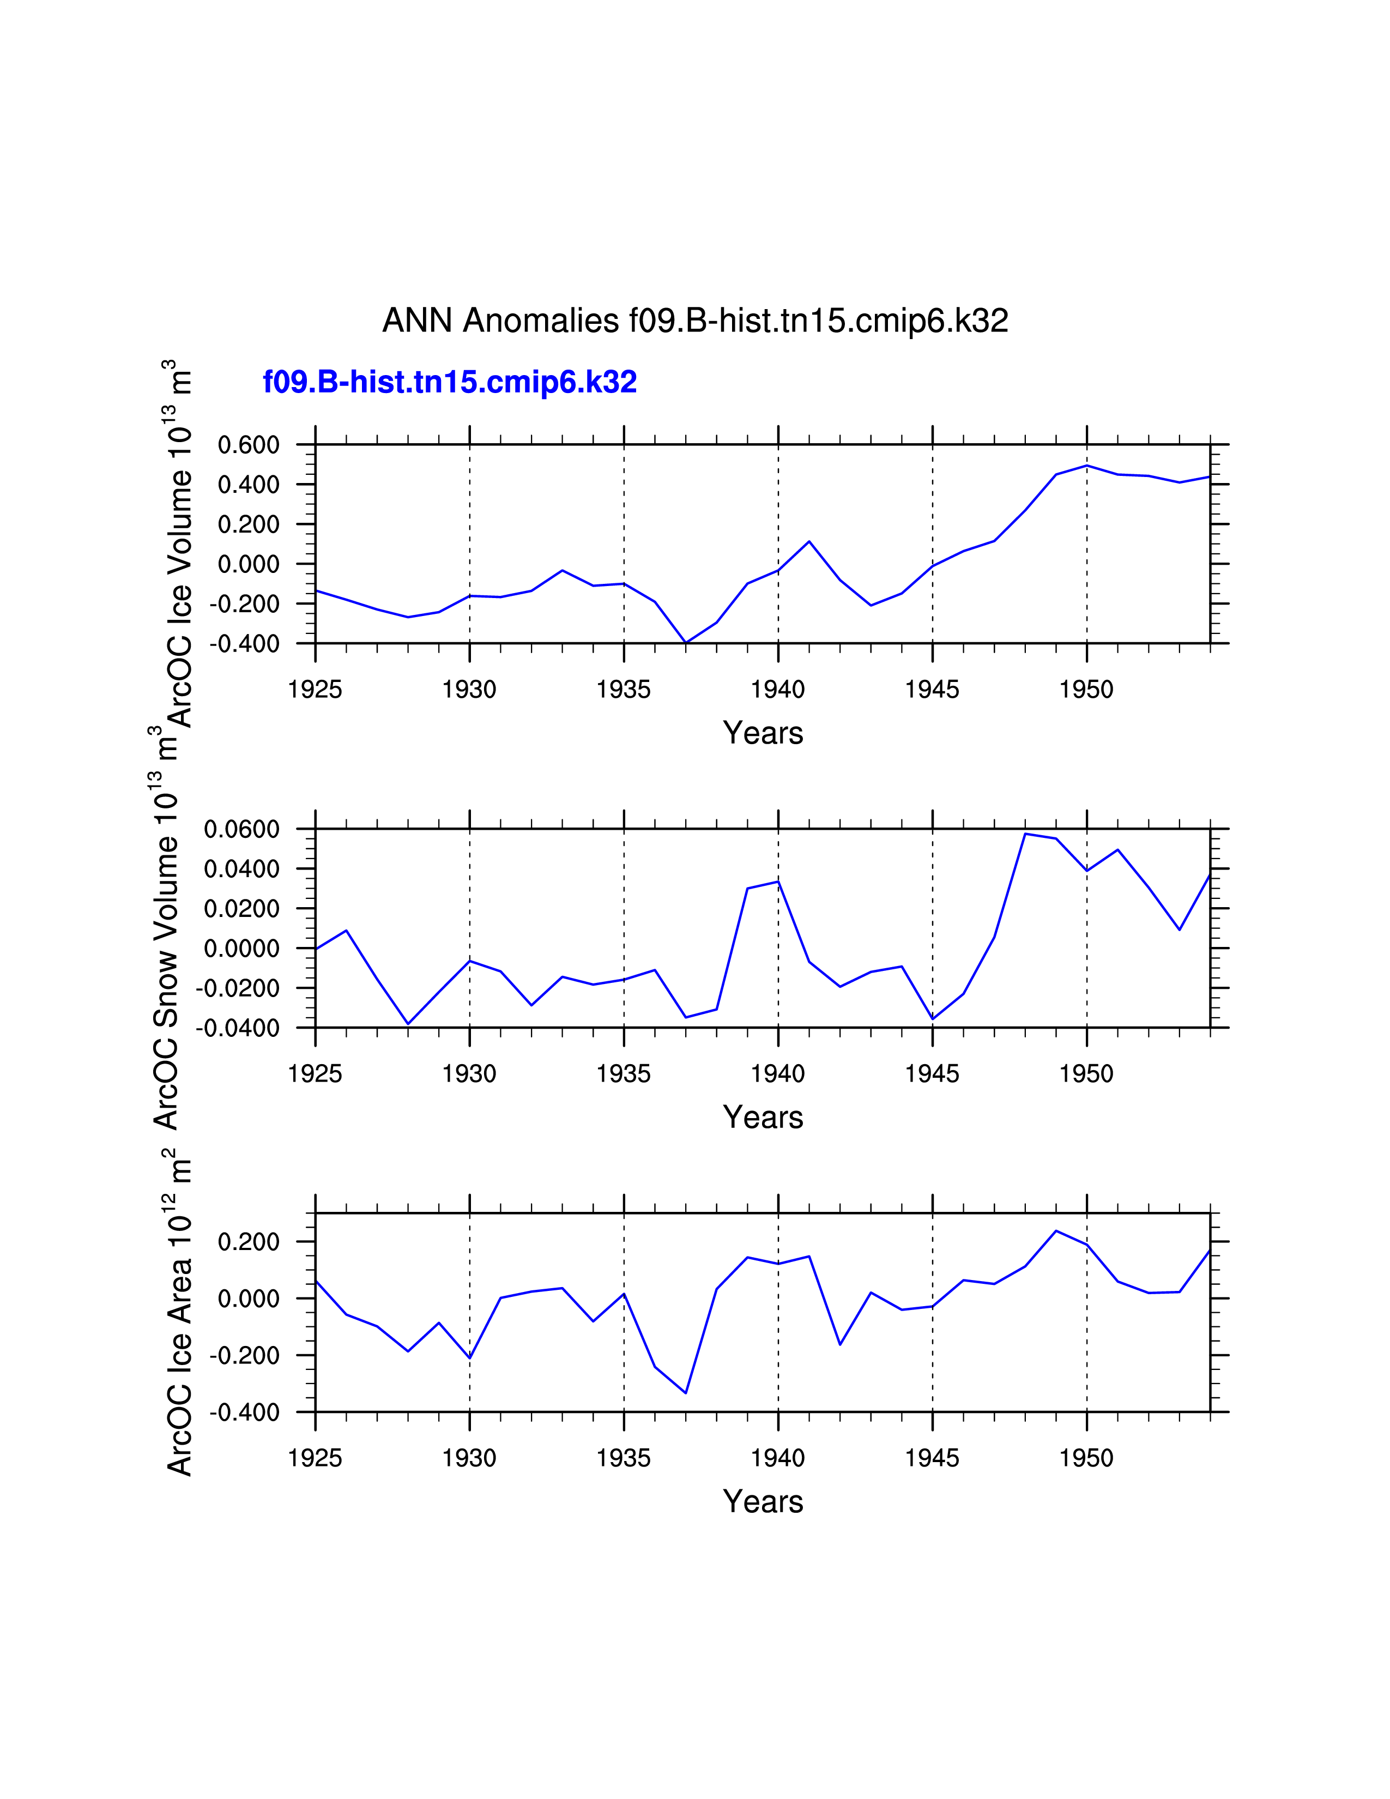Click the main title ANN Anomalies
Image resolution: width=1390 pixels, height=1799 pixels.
pyautogui.click(x=695, y=321)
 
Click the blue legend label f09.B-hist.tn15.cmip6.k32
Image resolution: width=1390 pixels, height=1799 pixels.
pyautogui.click(x=450, y=382)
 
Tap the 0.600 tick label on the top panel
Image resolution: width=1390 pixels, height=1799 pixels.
pyautogui.click(x=248, y=445)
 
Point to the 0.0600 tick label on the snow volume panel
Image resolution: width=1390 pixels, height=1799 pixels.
pyautogui.click(x=241, y=830)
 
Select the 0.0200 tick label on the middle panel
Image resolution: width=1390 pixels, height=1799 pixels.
pyautogui.click(x=241, y=909)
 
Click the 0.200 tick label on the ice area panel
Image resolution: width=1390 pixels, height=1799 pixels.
pyautogui.click(x=248, y=1242)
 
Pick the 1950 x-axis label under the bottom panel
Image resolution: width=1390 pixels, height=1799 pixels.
pyautogui.click(x=1086, y=1458)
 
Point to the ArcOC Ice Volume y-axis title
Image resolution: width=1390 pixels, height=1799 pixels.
pyautogui.click(x=179, y=544)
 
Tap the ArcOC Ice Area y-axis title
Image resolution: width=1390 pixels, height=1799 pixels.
pyautogui.click(x=179, y=1318)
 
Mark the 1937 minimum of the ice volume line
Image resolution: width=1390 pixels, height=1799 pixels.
pyautogui.click(x=686, y=643)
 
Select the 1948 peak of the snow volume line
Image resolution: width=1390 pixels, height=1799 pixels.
pyautogui.click(x=1025, y=834)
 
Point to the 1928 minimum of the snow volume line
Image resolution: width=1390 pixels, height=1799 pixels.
pyautogui.click(x=408, y=1024)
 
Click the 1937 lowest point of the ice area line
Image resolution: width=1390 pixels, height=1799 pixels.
pyautogui.click(x=686, y=1393)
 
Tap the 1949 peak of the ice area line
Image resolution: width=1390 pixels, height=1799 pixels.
pyautogui.click(x=1056, y=1230)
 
